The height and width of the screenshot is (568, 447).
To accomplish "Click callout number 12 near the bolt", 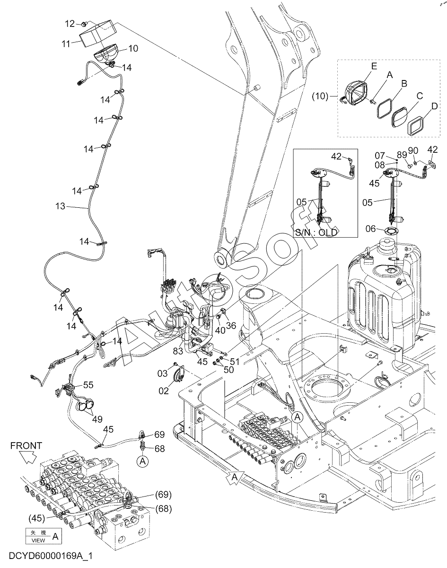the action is point(70,24).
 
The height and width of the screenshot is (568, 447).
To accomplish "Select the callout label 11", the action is point(66,44).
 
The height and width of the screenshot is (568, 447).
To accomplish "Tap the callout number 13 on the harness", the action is point(60,206).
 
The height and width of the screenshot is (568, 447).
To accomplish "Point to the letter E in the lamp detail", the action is point(374,66).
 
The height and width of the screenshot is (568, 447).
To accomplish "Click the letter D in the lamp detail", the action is point(434,106).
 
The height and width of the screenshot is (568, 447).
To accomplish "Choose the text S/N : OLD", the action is point(316,232).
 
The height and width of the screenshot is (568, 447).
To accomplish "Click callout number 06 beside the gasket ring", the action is point(370,229).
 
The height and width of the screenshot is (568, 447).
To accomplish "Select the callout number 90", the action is point(413,151).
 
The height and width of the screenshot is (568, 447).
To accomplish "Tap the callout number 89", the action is point(402,155).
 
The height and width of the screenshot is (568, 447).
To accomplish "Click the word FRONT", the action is point(26,446).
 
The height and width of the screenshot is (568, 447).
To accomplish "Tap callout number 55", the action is point(88,385).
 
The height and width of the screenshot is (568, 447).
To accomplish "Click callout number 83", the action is point(178,351).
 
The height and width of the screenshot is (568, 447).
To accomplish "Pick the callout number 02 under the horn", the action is point(164,390).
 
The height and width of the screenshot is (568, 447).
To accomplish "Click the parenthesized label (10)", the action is point(320,96).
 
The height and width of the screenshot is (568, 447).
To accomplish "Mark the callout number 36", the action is point(231,326).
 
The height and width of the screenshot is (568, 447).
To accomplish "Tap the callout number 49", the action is point(97,419).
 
